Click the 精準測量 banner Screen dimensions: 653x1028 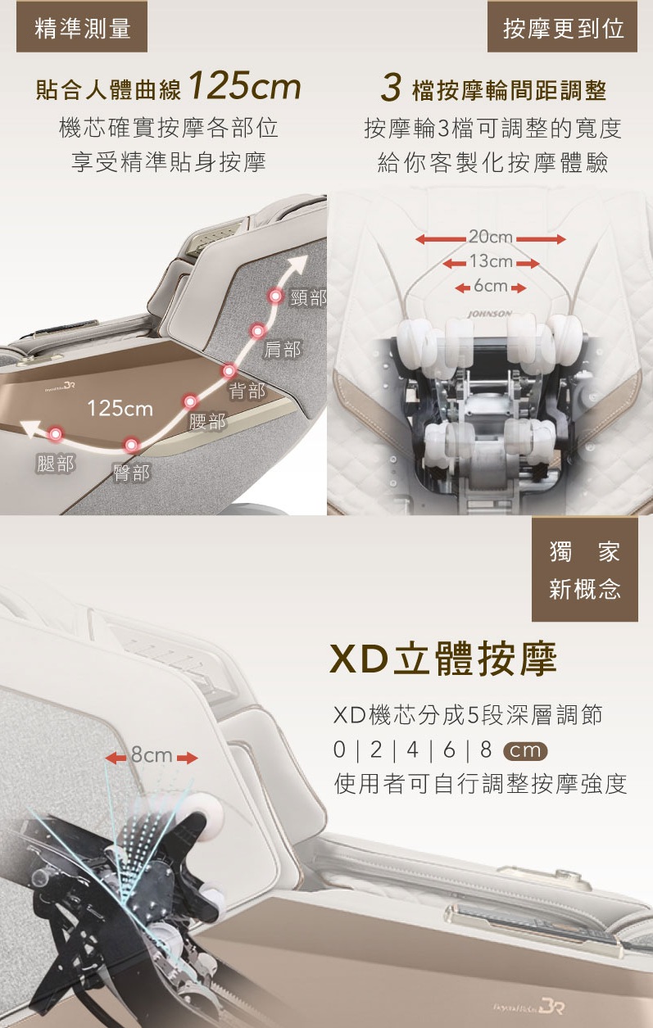[82, 26]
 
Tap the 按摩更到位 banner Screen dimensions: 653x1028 [562, 26]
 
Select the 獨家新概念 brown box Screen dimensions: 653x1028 [585, 569]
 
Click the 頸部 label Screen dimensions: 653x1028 [308, 297]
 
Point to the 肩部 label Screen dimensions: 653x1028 [282, 349]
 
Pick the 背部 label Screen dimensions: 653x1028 [247, 391]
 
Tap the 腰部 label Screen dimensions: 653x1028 [207, 421]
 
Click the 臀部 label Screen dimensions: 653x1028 [131, 473]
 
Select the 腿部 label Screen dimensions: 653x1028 [56, 464]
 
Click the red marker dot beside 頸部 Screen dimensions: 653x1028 [275, 296]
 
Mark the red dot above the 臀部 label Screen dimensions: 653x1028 [132, 445]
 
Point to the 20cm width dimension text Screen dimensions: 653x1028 [491, 237]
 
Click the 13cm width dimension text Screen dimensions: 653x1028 [491, 261]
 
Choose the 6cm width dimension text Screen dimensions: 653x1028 [491, 286]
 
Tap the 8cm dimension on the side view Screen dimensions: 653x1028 [152, 755]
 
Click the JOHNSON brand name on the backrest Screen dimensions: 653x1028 [490, 314]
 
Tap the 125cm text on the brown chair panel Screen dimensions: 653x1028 [120, 408]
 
